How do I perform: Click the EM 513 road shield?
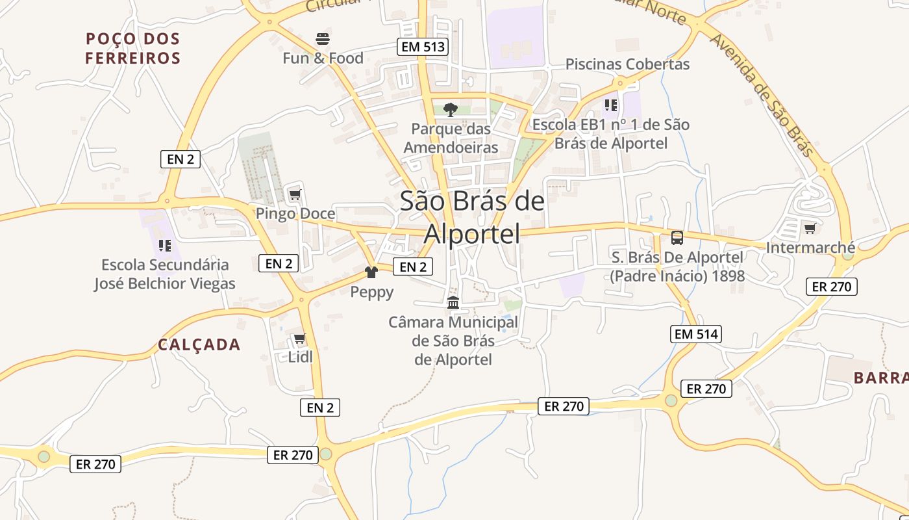(x=423, y=46)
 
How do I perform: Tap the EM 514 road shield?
(x=695, y=334)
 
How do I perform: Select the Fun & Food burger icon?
(x=323, y=39)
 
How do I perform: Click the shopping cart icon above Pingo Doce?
(x=295, y=194)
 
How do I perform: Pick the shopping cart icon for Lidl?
(x=299, y=338)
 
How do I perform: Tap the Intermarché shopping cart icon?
(x=810, y=228)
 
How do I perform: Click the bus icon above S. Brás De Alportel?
(x=677, y=238)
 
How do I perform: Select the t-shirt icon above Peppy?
(x=371, y=272)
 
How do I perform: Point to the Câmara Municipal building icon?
(x=453, y=302)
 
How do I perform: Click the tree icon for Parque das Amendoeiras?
(x=451, y=109)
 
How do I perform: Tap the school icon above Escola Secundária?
(x=165, y=246)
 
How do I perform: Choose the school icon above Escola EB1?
(x=611, y=105)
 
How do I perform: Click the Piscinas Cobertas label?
(x=627, y=64)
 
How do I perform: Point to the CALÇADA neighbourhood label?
(x=199, y=344)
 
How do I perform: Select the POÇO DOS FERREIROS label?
(x=133, y=48)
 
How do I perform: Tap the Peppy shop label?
(x=372, y=292)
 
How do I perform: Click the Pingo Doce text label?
(x=295, y=214)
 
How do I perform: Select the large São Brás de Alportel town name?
(x=472, y=217)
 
